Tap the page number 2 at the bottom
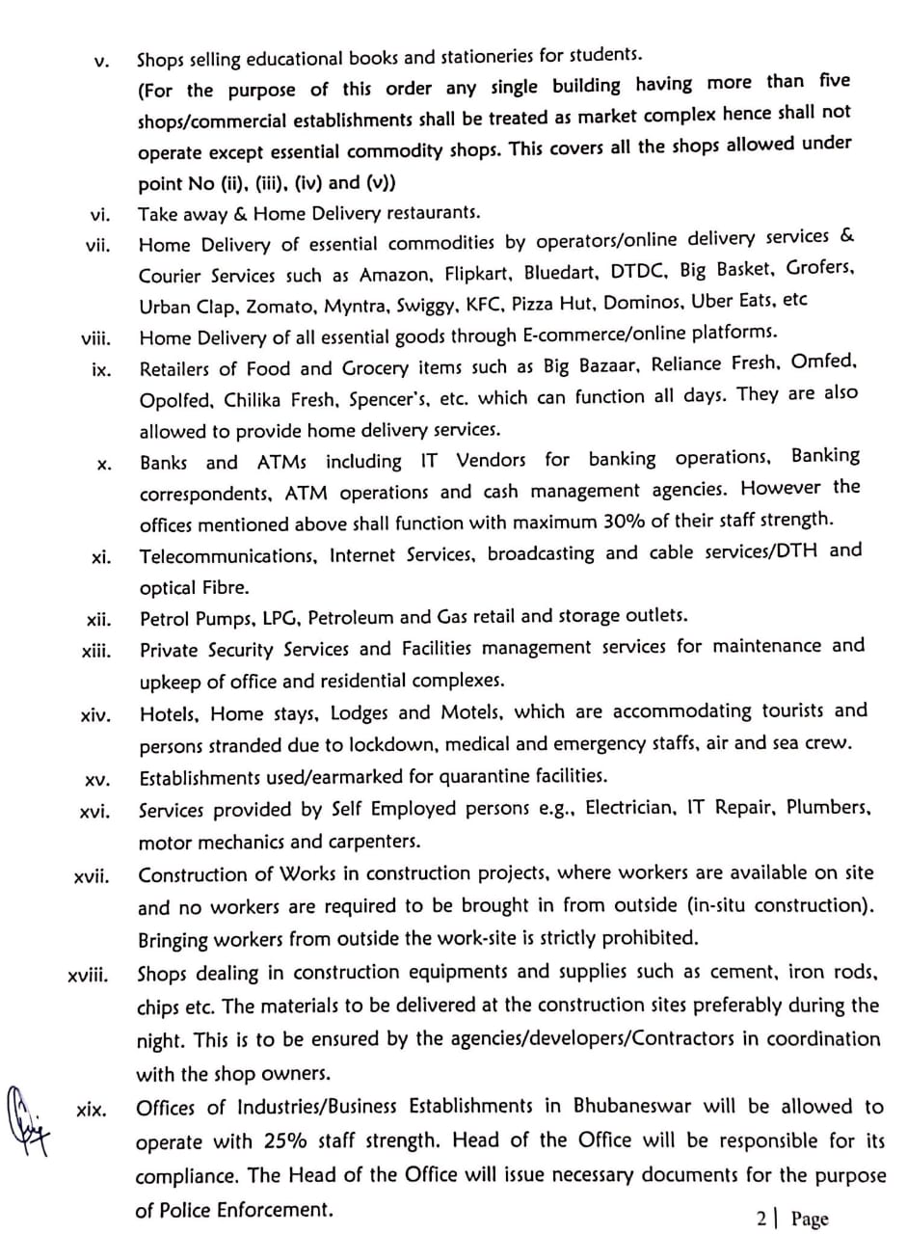click(762, 1219)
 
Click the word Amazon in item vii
click(395, 275)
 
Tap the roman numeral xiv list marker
click(95, 715)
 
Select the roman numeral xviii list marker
click(89, 977)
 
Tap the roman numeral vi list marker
click(99, 216)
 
